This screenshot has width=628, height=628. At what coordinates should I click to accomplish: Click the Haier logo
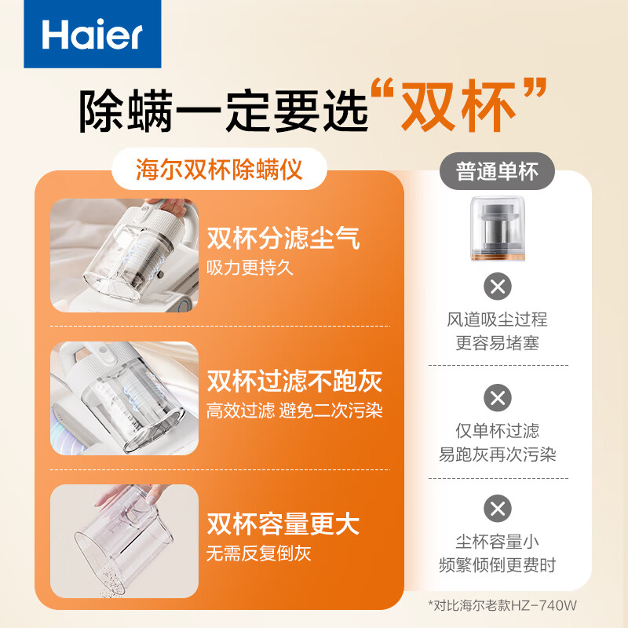pos(93,35)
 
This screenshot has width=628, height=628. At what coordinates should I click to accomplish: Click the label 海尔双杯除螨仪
pos(219,170)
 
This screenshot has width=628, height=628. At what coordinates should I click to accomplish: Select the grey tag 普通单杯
pos(497,170)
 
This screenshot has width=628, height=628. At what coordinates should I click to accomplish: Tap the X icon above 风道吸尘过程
pos(497,286)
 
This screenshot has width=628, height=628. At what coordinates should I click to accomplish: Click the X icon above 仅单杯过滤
pos(497,397)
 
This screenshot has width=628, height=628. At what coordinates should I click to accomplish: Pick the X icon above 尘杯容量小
pos(497,509)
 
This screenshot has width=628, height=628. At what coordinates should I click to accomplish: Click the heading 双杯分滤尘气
pos(283,239)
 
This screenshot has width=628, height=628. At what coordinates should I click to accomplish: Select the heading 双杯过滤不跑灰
pos(294,382)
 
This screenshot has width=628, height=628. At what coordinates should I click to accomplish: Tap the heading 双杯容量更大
pos(283,524)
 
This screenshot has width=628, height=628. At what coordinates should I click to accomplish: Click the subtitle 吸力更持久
pos(249,267)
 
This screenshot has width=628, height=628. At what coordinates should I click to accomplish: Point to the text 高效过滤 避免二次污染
pos(294,410)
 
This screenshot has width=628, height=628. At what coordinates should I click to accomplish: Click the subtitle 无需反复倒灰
pos(258,553)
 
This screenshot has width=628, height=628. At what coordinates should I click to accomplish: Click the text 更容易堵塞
pos(497,343)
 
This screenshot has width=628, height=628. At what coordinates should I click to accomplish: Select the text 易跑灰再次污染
pos(497,455)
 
